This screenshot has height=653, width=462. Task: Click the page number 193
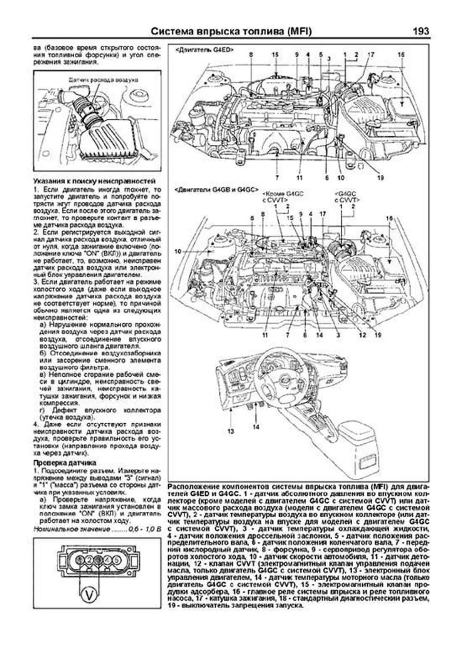[420, 31]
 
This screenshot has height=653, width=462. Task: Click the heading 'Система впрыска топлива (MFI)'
[231, 31]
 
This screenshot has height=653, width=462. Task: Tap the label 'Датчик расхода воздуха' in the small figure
[103, 80]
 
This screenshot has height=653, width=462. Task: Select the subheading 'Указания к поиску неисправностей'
[94, 181]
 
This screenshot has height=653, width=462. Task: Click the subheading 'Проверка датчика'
[65, 463]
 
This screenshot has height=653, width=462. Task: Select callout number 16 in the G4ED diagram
[401, 55]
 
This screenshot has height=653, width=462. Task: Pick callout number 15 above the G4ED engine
[275, 55]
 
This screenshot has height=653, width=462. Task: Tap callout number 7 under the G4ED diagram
[277, 178]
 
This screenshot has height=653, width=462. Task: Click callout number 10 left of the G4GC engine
[177, 251]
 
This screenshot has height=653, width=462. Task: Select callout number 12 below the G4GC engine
[362, 335]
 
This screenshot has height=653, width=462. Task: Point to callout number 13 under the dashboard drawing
[230, 431]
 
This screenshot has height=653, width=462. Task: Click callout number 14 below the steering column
[256, 426]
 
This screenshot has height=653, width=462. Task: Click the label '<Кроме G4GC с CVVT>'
[282, 197]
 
